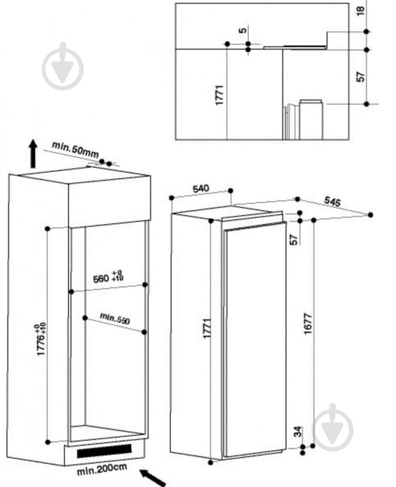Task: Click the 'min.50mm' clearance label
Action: (75, 150)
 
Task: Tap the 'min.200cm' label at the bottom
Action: (102, 469)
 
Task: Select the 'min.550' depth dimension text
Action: (114, 319)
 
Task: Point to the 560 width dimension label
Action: (108, 277)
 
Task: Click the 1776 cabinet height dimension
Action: (41, 340)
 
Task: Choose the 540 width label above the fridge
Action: (201, 189)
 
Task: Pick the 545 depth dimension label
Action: (333, 201)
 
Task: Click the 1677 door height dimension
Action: (307, 324)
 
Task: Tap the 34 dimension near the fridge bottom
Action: (298, 432)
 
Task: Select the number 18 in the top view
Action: (360, 10)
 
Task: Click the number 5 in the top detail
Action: (243, 30)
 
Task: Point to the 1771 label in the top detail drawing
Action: (219, 95)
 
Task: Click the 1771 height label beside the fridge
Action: (207, 328)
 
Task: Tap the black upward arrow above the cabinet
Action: (33, 154)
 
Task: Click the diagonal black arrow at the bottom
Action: (153, 478)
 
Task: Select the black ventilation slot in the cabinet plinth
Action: (104, 452)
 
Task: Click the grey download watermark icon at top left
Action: (63, 66)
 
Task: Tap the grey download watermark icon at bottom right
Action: (333, 427)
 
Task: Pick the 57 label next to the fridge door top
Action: (294, 239)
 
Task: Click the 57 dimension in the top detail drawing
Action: (360, 77)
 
